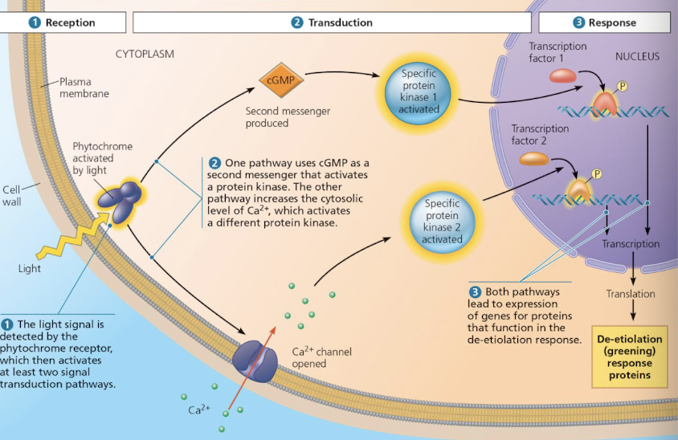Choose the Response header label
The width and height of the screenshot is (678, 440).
pyautogui.click(x=604, y=22)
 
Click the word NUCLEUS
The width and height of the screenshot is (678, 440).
pyautogui.click(x=637, y=57)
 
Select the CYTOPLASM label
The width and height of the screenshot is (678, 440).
pyautogui.click(x=145, y=55)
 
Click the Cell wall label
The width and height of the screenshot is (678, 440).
pyautogui.click(x=11, y=196)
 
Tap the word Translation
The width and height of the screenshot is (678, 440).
pyautogui.click(x=631, y=294)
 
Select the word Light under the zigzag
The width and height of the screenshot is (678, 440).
pyautogui.click(x=29, y=268)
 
